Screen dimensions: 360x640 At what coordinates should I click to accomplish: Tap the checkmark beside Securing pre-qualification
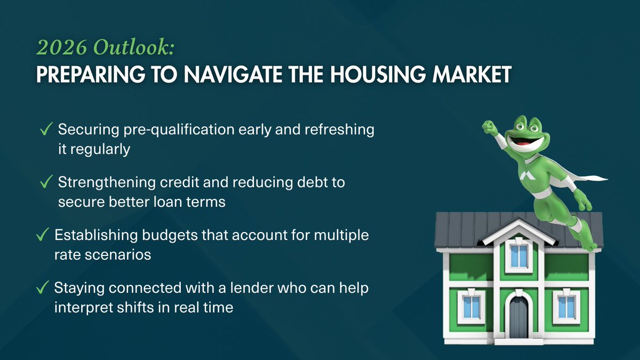pyautogui.click(x=46, y=130)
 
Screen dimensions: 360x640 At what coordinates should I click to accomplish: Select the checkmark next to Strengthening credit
pyautogui.click(x=46, y=182)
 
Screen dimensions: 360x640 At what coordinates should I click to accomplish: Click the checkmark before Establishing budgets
pyautogui.click(x=43, y=235)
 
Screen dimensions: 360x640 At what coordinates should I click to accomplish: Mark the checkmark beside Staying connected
pyautogui.click(x=43, y=288)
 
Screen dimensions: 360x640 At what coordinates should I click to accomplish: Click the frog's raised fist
pyautogui.click(x=489, y=127)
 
